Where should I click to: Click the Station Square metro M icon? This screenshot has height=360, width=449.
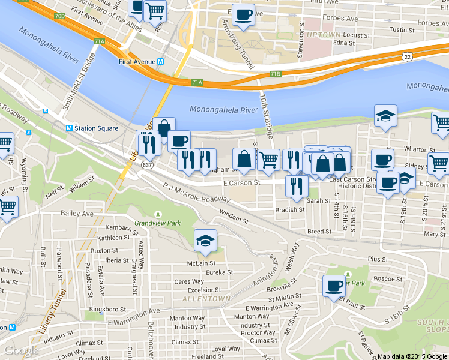(x=69, y=128)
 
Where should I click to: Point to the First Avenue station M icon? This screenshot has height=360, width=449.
(x=161, y=62)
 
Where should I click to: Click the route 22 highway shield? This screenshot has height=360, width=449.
(x=407, y=56)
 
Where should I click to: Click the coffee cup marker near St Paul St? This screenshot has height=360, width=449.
(x=333, y=286)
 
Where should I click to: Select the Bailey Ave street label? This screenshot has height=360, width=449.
(x=77, y=214)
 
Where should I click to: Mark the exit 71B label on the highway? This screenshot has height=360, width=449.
(x=276, y=74)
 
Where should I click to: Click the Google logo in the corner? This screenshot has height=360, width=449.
(x=21, y=350)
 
